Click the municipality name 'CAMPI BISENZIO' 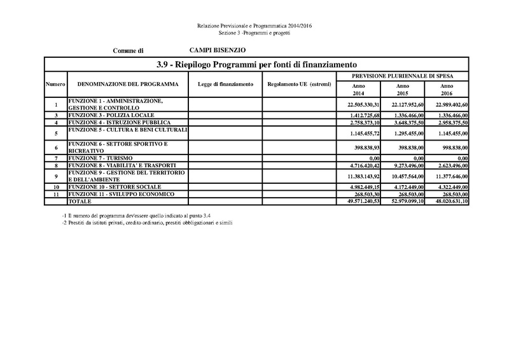[x=218, y=50]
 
